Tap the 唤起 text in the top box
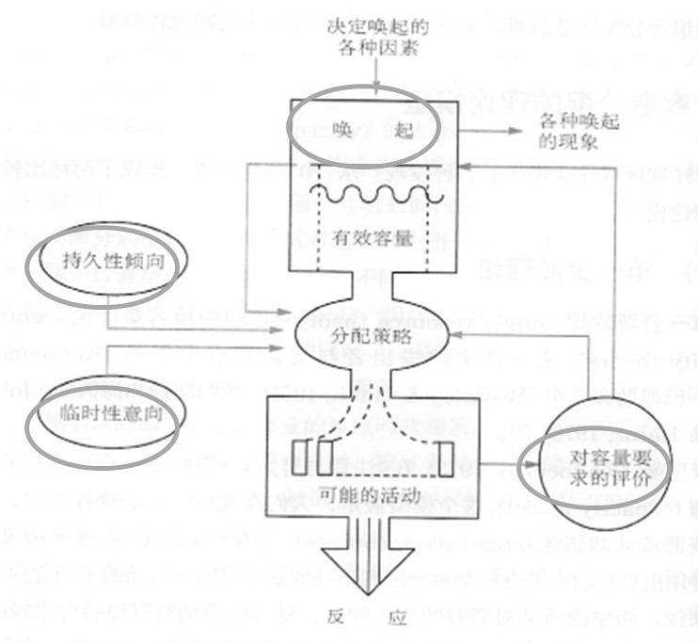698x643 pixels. point(363,129)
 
